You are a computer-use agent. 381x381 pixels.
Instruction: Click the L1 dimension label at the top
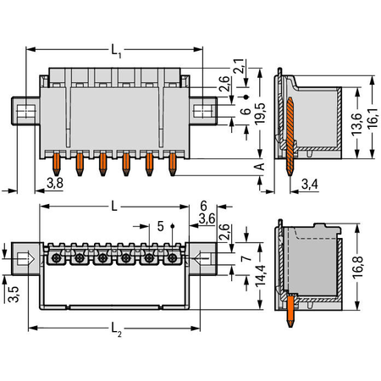[116, 51]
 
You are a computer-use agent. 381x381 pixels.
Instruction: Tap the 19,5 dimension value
[260, 113]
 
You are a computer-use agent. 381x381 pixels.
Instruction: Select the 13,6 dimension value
[356, 124]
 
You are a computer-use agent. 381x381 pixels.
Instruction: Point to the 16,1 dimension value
[373, 118]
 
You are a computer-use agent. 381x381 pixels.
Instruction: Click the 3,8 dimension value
[55, 183]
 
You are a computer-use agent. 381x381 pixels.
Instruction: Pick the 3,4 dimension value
[310, 185]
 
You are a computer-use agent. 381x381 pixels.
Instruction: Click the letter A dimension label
[259, 167]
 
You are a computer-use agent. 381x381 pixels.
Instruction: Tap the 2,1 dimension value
[239, 66]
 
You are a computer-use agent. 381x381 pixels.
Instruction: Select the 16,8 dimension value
[357, 268]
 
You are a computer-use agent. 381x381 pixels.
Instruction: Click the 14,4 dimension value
[260, 276]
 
